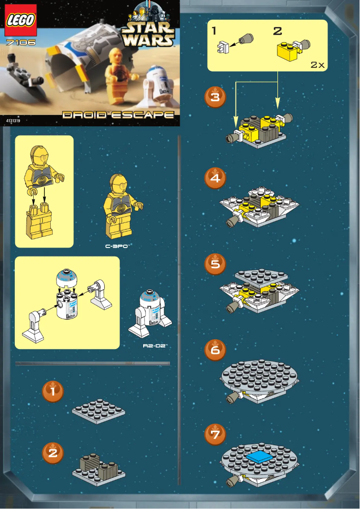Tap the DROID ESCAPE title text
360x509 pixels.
point(118,115)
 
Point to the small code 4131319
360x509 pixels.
point(14,121)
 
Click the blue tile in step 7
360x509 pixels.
point(259,457)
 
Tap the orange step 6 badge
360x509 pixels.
point(215,349)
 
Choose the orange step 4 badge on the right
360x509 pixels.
point(215,178)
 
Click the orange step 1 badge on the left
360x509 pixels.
point(53,391)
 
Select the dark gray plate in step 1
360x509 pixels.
point(99,410)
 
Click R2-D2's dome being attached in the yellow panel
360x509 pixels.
point(67,279)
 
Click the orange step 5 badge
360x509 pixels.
point(215,264)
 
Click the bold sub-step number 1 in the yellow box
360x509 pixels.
point(214,31)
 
